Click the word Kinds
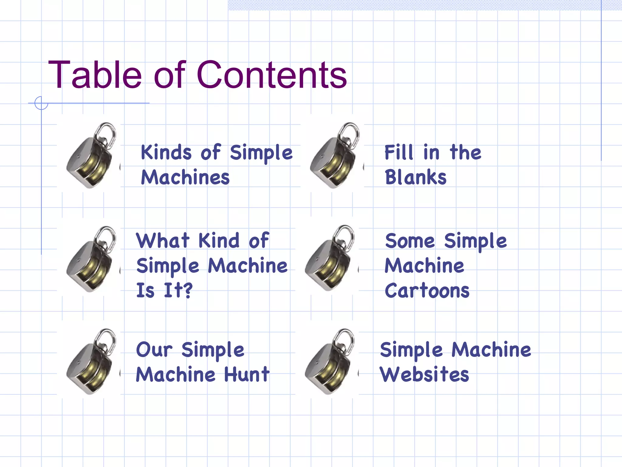pos(166,152)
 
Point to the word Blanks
pos(415,177)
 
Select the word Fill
pos(399,152)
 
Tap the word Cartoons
pos(427,291)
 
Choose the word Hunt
pos(247,374)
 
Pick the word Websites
pos(424,374)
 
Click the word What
pos(163,241)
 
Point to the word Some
pos(410,241)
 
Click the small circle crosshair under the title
pos(41,103)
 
